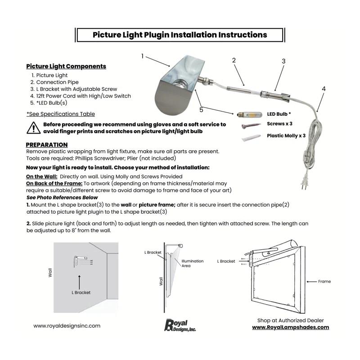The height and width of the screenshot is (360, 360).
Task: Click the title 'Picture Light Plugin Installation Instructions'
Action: click(x=180, y=35)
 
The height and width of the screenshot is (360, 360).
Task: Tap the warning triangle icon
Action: click(x=33, y=128)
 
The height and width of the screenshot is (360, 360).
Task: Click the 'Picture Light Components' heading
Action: click(x=66, y=66)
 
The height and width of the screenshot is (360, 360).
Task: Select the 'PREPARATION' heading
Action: click(x=47, y=144)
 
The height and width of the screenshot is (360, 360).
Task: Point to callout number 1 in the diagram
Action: click(x=142, y=56)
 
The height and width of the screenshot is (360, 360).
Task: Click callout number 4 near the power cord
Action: click(x=324, y=89)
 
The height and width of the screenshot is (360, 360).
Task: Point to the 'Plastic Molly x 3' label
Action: click(x=286, y=135)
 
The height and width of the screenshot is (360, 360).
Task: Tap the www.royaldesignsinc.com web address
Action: click(x=67, y=326)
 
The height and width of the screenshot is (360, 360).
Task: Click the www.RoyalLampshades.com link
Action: click(x=290, y=327)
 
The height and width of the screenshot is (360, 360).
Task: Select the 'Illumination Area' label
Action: click(x=192, y=263)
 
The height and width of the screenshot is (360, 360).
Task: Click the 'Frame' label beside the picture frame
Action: click(x=324, y=281)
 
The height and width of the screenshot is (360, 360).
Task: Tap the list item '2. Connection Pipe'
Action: click(x=55, y=82)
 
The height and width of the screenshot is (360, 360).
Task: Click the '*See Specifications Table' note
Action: click(x=60, y=114)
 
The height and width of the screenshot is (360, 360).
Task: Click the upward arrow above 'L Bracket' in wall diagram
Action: click(x=79, y=281)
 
